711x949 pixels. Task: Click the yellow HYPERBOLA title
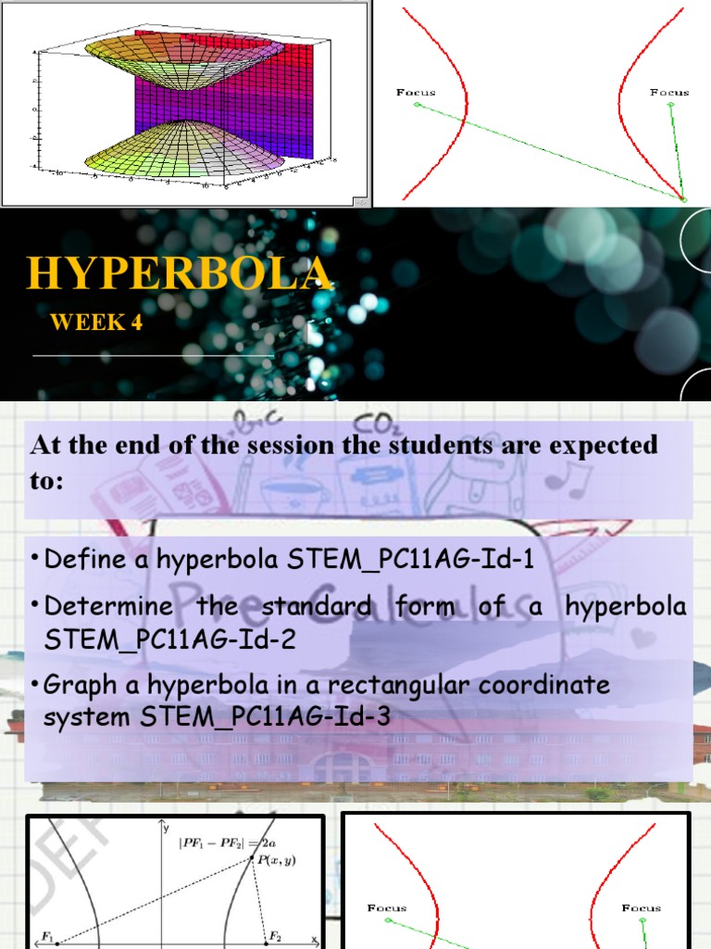click(x=179, y=272)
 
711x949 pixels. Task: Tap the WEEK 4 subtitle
click(x=97, y=323)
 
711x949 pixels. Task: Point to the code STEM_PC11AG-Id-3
click(x=265, y=716)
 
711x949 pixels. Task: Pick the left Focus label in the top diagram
click(x=416, y=92)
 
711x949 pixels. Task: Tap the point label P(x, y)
click(x=277, y=859)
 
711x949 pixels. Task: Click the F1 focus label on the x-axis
click(x=47, y=936)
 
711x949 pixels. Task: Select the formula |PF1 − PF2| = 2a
click(x=231, y=841)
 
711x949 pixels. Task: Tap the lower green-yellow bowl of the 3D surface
click(x=185, y=148)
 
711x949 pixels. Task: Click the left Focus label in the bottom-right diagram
click(x=387, y=907)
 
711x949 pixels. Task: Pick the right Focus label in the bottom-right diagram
click(x=642, y=907)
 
